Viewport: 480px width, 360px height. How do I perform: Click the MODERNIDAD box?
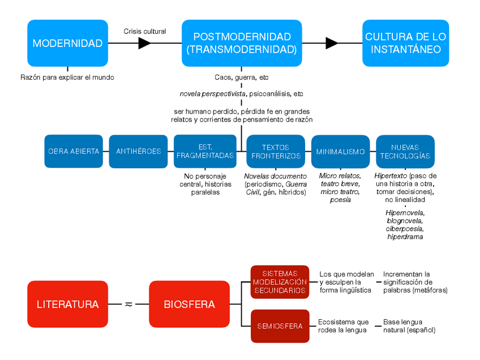tap(67, 44)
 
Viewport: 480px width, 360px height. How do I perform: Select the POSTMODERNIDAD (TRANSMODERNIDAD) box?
tap(242, 43)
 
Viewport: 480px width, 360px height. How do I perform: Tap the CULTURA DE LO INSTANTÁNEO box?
tap(405, 43)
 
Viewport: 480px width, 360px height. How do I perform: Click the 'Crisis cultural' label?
tap(145, 31)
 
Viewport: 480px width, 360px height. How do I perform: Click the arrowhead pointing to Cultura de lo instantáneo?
tap(332, 44)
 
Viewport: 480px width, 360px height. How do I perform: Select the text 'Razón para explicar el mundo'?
tap(67, 77)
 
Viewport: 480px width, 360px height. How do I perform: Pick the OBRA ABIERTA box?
tap(74, 151)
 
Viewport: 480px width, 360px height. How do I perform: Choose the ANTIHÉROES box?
tap(138, 151)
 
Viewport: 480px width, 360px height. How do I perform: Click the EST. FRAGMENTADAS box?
tap(205, 151)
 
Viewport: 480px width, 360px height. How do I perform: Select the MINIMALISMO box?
tap(340, 151)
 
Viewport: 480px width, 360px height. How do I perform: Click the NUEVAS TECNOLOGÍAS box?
tap(405, 151)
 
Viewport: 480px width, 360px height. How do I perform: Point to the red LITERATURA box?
tap(67, 304)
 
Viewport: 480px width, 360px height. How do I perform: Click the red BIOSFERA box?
tap(189, 304)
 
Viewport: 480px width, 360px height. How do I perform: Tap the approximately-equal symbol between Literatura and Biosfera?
tap(128, 304)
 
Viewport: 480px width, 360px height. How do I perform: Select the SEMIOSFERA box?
tap(280, 326)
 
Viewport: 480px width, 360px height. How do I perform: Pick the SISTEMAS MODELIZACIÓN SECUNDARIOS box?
tap(280, 282)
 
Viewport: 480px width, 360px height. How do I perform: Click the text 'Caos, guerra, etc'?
tap(241, 77)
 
